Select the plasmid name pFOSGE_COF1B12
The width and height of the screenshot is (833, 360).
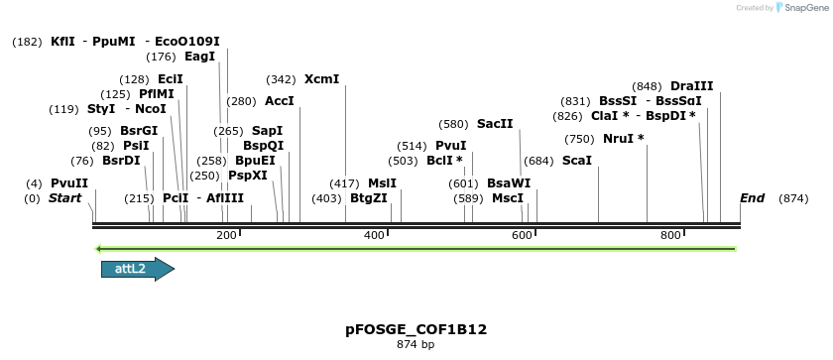(x=416, y=329)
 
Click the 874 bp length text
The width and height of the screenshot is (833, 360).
(x=416, y=345)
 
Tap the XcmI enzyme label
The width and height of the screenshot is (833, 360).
(x=321, y=78)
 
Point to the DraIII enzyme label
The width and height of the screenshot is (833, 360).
(x=691, y=86)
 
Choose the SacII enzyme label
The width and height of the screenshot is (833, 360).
(x=495, y=124)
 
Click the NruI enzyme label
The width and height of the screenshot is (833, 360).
(x=623, y=138)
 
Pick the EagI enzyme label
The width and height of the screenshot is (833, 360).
(x=199, y=57)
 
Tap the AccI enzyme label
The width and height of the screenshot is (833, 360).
(x=280, y=100)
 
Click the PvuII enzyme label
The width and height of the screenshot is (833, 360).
(x=69, y=183)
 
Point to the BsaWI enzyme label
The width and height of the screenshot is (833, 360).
(x=509, y=183)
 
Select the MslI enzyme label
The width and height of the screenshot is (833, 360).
(x=382, y=183)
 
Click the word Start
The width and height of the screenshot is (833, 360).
(x=65, y=198)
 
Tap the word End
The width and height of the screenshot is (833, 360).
(x=752, y=198)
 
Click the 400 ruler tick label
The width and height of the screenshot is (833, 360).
(x=374, y=235)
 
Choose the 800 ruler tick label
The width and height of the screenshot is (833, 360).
(x=670, y=235)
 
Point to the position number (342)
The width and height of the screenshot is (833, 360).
(x=281, y=78)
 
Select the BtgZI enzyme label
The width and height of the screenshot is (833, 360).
(x=368, y=198)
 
